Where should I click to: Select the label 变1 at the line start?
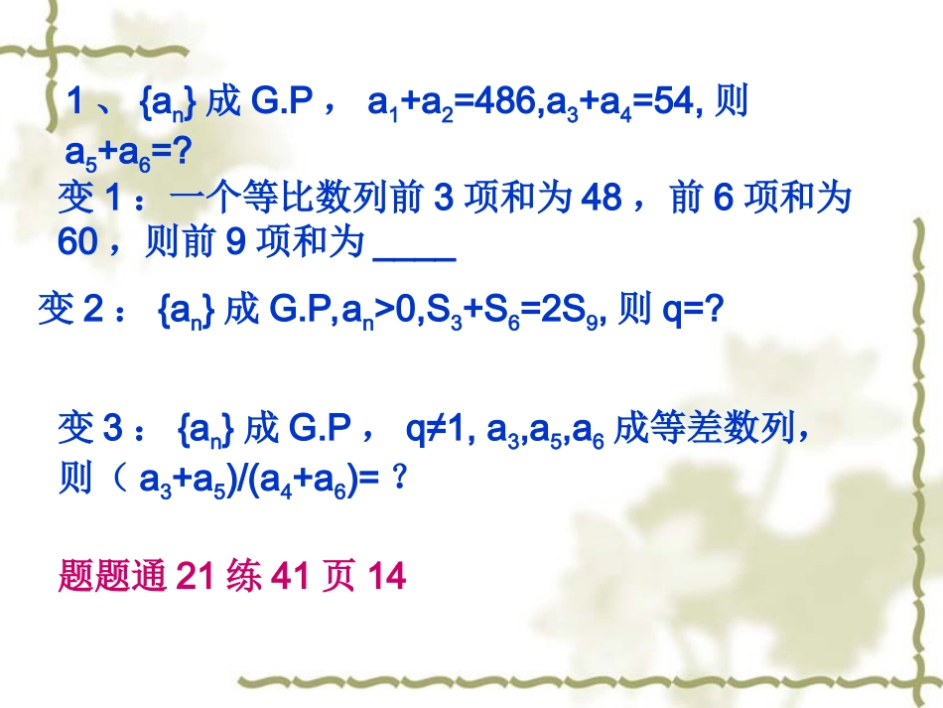tap(89, 200)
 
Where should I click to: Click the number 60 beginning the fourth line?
tap(77, 243)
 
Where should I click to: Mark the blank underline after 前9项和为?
tap(414, 245)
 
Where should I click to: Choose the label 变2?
tap(69, 311)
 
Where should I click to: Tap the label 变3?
tap(89, 430)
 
